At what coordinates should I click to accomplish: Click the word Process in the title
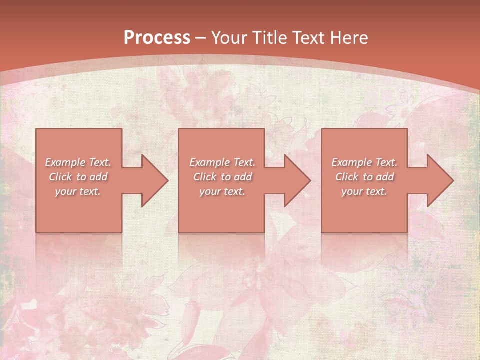click(x=157, y=38)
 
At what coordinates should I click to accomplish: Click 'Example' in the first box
click(x=65, y=162)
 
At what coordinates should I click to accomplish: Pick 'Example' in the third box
click(x=352, y=162)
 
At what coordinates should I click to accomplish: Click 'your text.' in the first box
click(x=78, y=191)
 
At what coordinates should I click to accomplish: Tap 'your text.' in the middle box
click(x=222, y=191)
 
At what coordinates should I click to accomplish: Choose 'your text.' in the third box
click(x=364, y=191)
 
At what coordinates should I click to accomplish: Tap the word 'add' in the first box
click(x=98, y=177)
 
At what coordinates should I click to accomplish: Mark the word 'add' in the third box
click(x=385, y=177)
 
